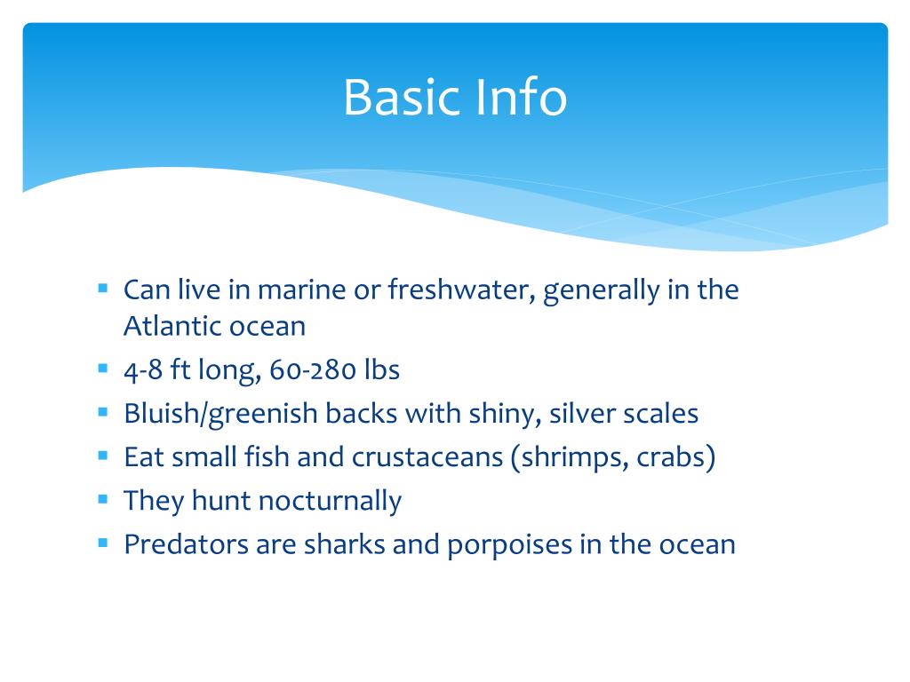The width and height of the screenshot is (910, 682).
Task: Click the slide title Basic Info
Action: (454, 97)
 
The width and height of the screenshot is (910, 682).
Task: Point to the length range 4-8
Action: (144, 369)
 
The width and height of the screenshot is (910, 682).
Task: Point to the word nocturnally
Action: (330, 501)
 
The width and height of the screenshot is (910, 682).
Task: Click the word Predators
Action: (186, 543)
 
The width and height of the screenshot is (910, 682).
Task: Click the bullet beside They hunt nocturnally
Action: (103, 499)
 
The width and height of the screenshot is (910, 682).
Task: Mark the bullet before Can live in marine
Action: (103, 289)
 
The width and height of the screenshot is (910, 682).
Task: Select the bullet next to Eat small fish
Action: (103, 456)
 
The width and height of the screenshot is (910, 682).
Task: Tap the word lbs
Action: (381, 369)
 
